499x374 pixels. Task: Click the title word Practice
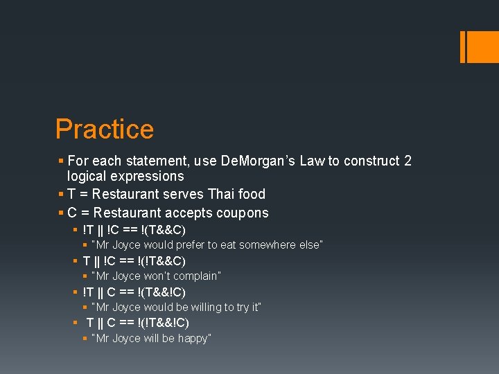click(105, 130)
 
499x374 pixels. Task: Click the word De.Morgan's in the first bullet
click(254, 161)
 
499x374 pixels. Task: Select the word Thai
click(205, 194)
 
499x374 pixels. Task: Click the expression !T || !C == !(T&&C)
click(134, 230)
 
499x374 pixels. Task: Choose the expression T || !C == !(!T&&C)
click(134, 261)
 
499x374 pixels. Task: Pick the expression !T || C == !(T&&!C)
click(134, 292)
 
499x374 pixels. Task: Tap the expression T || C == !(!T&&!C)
click(137, 323)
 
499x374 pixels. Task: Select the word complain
click(195, 276)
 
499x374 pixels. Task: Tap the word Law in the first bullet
click(313, 161)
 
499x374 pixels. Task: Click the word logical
click(87, 177)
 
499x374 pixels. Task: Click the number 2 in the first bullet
click(408, 161)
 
